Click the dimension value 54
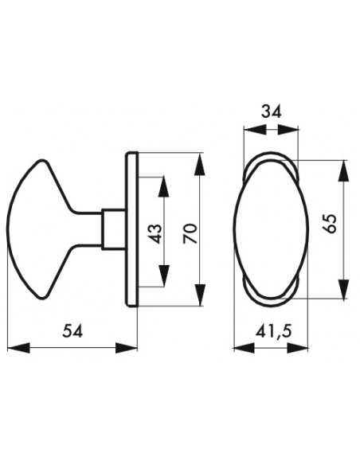click(x=72, y=330)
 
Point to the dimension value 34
click(x=271, y=111)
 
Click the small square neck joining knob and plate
click(x=113, y=229)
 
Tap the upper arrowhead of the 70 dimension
click(x=200, y=165)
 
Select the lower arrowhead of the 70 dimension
click(x=200, y=294)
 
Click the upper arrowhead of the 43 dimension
click(x=164, y=186)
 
